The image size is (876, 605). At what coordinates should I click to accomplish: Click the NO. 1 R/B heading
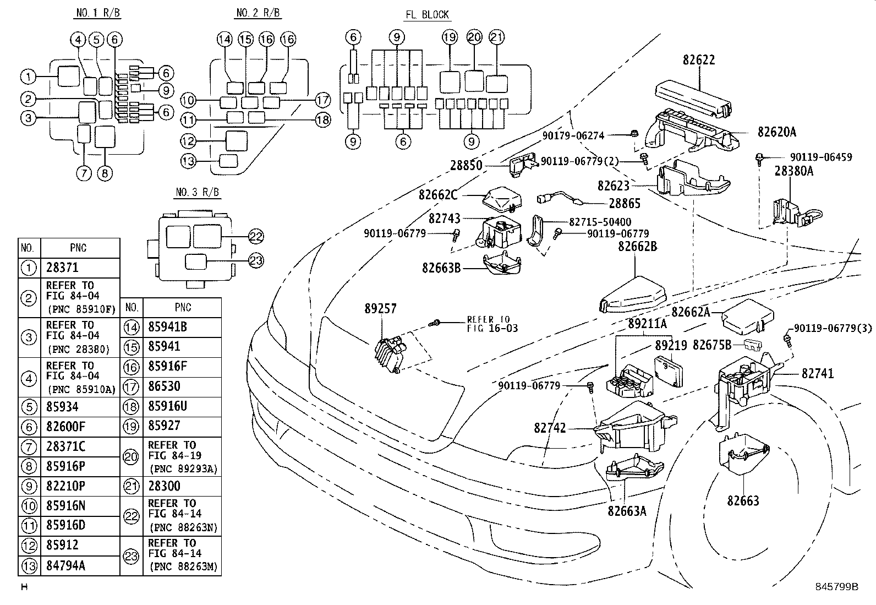pyautogui.click(x=98, y=13)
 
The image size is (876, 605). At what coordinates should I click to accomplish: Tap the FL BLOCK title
pyautogui.click(x=427, y=15)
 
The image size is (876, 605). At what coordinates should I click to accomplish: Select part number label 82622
pyautogui.click(x=699, y=60)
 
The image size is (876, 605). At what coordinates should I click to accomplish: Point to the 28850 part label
pyautogui.click(x=466, y=165)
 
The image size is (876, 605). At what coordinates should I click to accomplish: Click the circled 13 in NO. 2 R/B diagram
pyautogui.click(x=188, y=161)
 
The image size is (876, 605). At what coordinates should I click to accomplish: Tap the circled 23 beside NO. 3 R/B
pyautogui.click(x=256, y=260)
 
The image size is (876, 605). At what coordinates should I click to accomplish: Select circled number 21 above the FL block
pyautogui.click(x=497, y=37)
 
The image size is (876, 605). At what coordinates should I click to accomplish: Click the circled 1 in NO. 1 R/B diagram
pyautogui.click(x=28, y=77)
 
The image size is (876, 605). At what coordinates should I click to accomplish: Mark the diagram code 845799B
pyautogui.click(x=836, y=587)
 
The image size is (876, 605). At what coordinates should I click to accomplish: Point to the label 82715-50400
pyautogui.click(x=600, y=222)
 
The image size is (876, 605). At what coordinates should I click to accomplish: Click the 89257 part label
pyautogui.click(x=381, y=308)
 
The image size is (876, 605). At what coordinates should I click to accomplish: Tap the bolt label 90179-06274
pyautogui.click(x=573, y=136)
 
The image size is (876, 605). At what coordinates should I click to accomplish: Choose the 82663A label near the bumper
pyautogui.click(x=627, y=511)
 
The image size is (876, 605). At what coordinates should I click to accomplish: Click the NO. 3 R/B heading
pyautogui.click(x=198, y=192)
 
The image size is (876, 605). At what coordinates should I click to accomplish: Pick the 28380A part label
pyautogui.click(x=794, y=171)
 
